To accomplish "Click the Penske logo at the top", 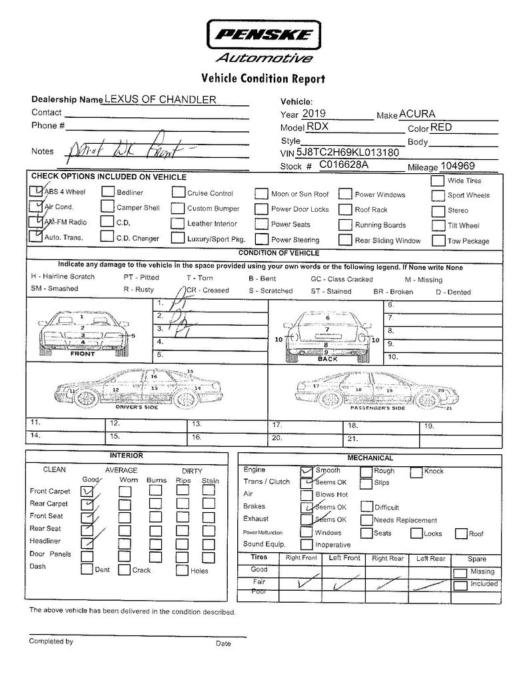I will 264,34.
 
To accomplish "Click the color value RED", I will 442,127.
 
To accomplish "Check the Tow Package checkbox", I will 437,240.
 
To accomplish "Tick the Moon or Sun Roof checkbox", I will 261,194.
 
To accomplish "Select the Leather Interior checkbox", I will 177,223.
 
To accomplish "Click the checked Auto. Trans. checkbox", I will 35,236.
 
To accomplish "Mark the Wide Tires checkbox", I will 437,180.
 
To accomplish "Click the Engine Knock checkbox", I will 416,472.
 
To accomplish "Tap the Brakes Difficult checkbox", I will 366,507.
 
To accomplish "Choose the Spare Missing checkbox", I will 460,572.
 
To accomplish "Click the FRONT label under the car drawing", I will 82,354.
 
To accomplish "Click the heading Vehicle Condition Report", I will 263,79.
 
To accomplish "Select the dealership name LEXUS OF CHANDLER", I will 160,99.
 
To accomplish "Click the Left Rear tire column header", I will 430,559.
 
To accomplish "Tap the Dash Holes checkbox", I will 182,570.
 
